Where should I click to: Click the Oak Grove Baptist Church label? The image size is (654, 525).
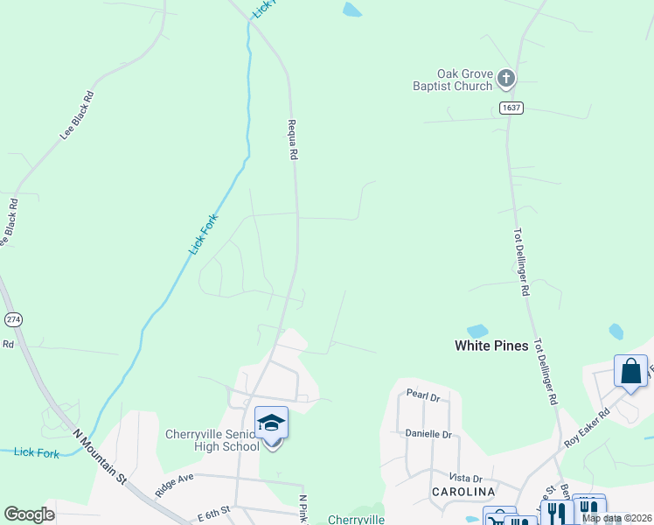pyautogui.click(x=453, y=80)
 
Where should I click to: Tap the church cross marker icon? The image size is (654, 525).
pyautogui.click(x=506, y=80)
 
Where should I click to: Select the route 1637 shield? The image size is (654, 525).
pyautogui.click(x=512, y=108)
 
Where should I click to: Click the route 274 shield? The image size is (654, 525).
pyautogui.click(x=13, y=319)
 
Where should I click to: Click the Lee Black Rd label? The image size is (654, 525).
pyautogui.click(x=77, y=115)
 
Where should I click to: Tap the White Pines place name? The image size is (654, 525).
pyautogui.click(x=491, y=346)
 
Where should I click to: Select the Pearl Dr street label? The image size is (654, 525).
pyautogui.click(x=421, y=397)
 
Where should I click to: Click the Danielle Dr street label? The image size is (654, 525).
pyautogui.click(x=428, y=434)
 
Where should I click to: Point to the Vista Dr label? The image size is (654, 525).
pyautogui.click(x=465, y=479)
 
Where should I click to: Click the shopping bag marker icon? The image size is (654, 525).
pyautogui.click(x=630, y=370)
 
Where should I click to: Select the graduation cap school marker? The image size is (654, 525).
pyautogui.click(x=272, y=423)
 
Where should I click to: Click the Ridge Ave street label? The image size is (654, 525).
pyautogui.click(x=174, y=486)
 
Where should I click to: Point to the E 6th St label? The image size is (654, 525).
pyautogui.click(x=214, y=510)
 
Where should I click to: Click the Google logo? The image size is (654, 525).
pyautogui.click(x=29, y=514)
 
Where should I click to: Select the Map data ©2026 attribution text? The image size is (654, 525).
pyautogui.click(x=616, y=518)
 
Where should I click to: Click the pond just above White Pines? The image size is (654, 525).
pyautogui.click(x=477, y=331)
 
